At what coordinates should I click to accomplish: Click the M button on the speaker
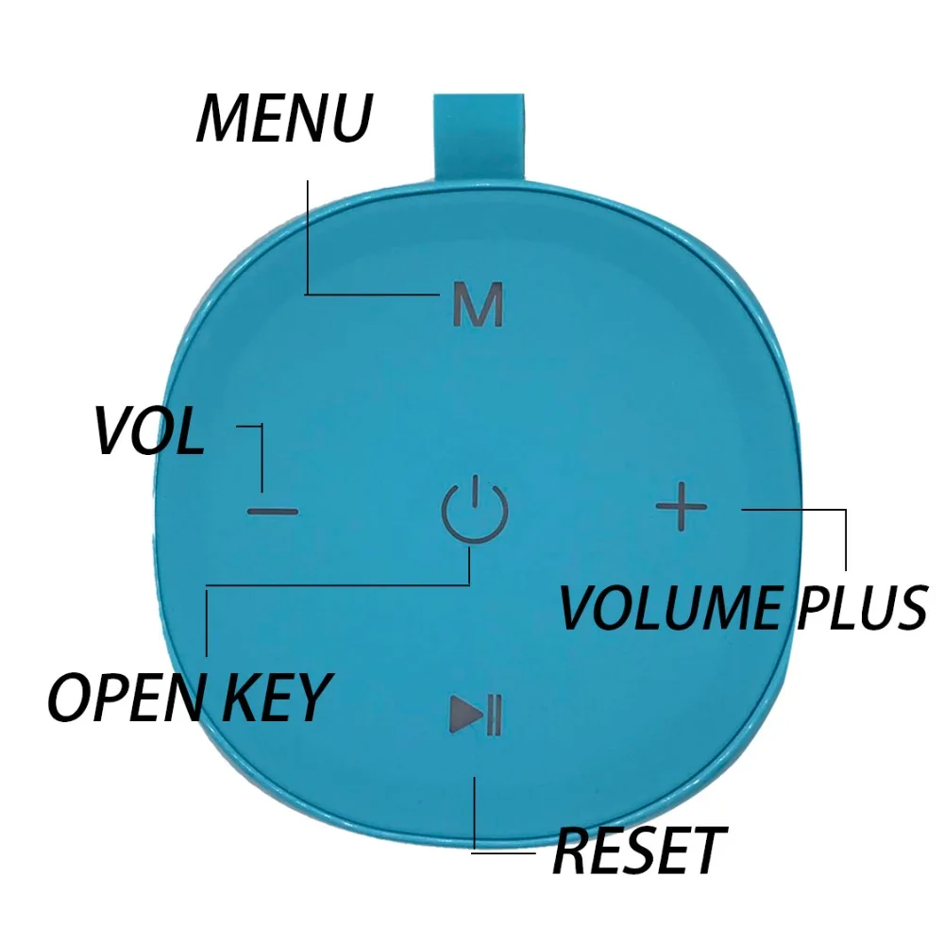click(x=478, y=304)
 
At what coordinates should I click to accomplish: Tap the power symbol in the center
click(x=475, y=510)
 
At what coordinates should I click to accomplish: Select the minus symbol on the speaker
click(x=273, y=512)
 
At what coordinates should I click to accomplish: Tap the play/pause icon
click(x=476, y=715)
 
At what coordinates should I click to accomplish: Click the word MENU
click(x=284, y=118)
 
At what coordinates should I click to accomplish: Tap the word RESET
click(x=639, y=851)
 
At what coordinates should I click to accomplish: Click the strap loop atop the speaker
click(x=479, y=137)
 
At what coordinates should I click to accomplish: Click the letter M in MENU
click(x=222, y=118)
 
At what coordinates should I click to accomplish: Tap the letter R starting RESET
click(x=570, y=851)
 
